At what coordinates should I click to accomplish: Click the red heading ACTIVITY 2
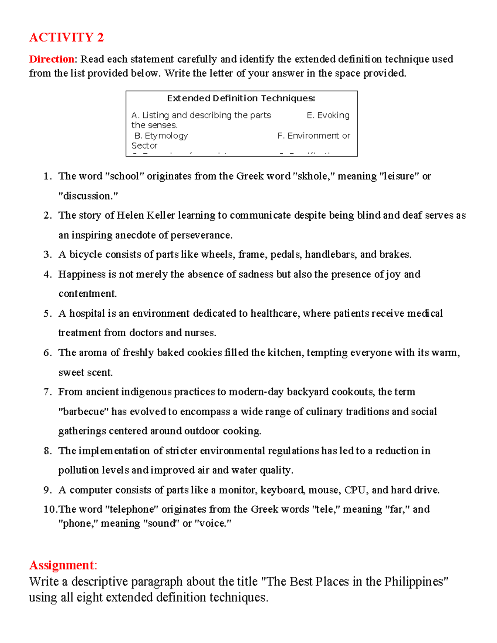66,38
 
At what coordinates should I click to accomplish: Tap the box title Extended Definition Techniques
241,98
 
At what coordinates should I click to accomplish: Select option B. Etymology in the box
161,136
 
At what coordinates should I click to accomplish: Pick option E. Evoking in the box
328,115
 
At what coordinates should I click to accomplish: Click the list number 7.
47,392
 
